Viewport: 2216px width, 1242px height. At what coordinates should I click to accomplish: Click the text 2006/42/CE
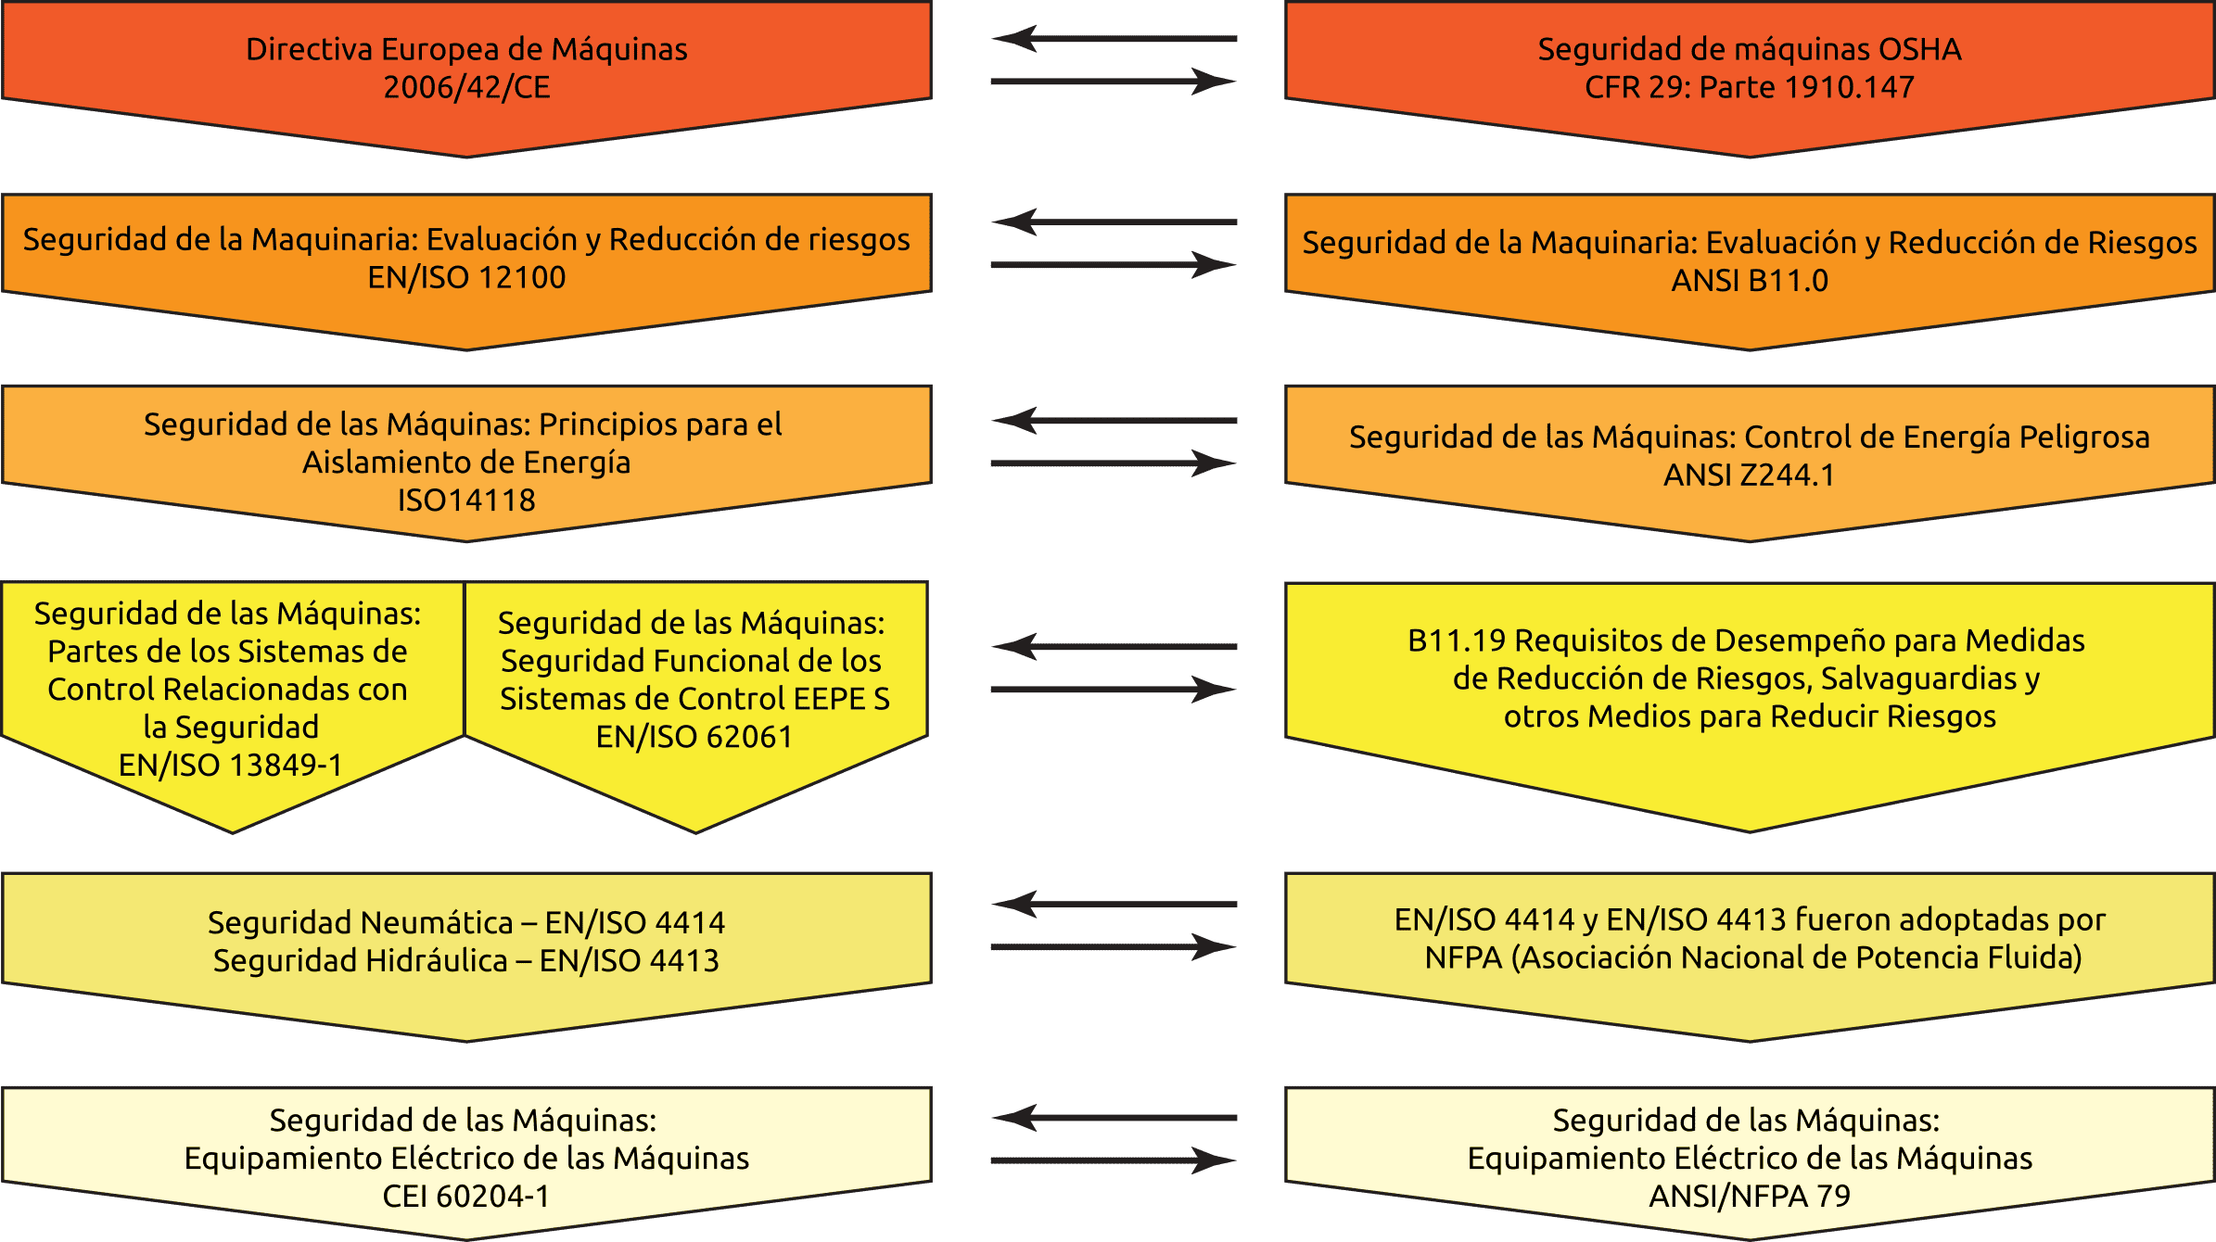tap(466, 87)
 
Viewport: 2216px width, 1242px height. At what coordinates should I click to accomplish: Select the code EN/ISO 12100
tap(466, 277)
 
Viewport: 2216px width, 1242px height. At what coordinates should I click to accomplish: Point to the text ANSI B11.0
tap(1750, 280)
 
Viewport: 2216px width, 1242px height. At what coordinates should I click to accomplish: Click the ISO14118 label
tap(466, 501)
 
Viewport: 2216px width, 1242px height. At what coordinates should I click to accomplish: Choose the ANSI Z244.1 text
tap(1749, 475)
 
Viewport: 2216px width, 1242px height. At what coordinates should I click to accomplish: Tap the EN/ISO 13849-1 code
tap(231, 766)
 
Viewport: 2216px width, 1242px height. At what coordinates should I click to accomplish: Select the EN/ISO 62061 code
tap(694, 737)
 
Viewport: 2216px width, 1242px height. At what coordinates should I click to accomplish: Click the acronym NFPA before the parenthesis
tap(1463, 957)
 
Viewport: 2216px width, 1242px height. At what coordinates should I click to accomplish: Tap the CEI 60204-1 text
tap(466, 1197)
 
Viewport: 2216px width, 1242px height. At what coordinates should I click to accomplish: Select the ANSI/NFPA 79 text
tap(1750, 1197)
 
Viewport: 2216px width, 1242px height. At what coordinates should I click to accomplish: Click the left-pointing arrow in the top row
tap(1114, 39)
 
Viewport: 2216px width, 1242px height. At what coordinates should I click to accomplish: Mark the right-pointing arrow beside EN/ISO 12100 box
tap(1114, 265)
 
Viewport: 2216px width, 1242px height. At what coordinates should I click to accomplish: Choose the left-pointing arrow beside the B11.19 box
tap(1114, 646)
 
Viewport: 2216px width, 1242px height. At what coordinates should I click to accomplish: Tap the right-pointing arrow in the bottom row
tap(1114, 1160)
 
